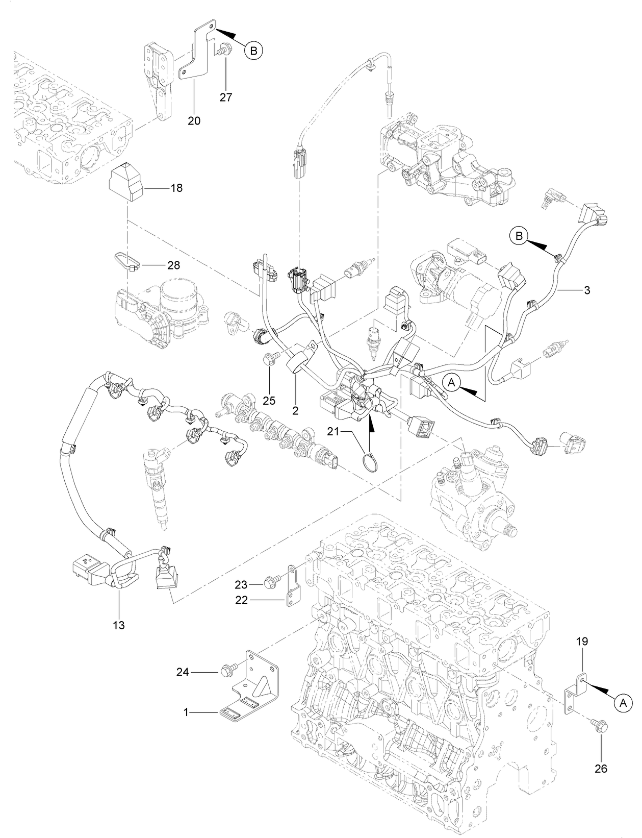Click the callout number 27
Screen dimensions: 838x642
point(226,97)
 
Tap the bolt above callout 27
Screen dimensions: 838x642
point(223,50)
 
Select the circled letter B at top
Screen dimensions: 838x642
point(253,50)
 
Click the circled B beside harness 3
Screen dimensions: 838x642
point(519,236)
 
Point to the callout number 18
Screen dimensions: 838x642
point(176,188)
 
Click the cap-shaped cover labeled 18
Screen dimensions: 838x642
point(125,182)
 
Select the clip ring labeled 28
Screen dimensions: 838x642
point(125,260)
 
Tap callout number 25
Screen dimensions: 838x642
point(269,401)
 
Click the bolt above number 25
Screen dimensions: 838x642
point(269,360)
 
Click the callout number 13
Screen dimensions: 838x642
point(118,625)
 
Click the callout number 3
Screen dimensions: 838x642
point(587,290)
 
